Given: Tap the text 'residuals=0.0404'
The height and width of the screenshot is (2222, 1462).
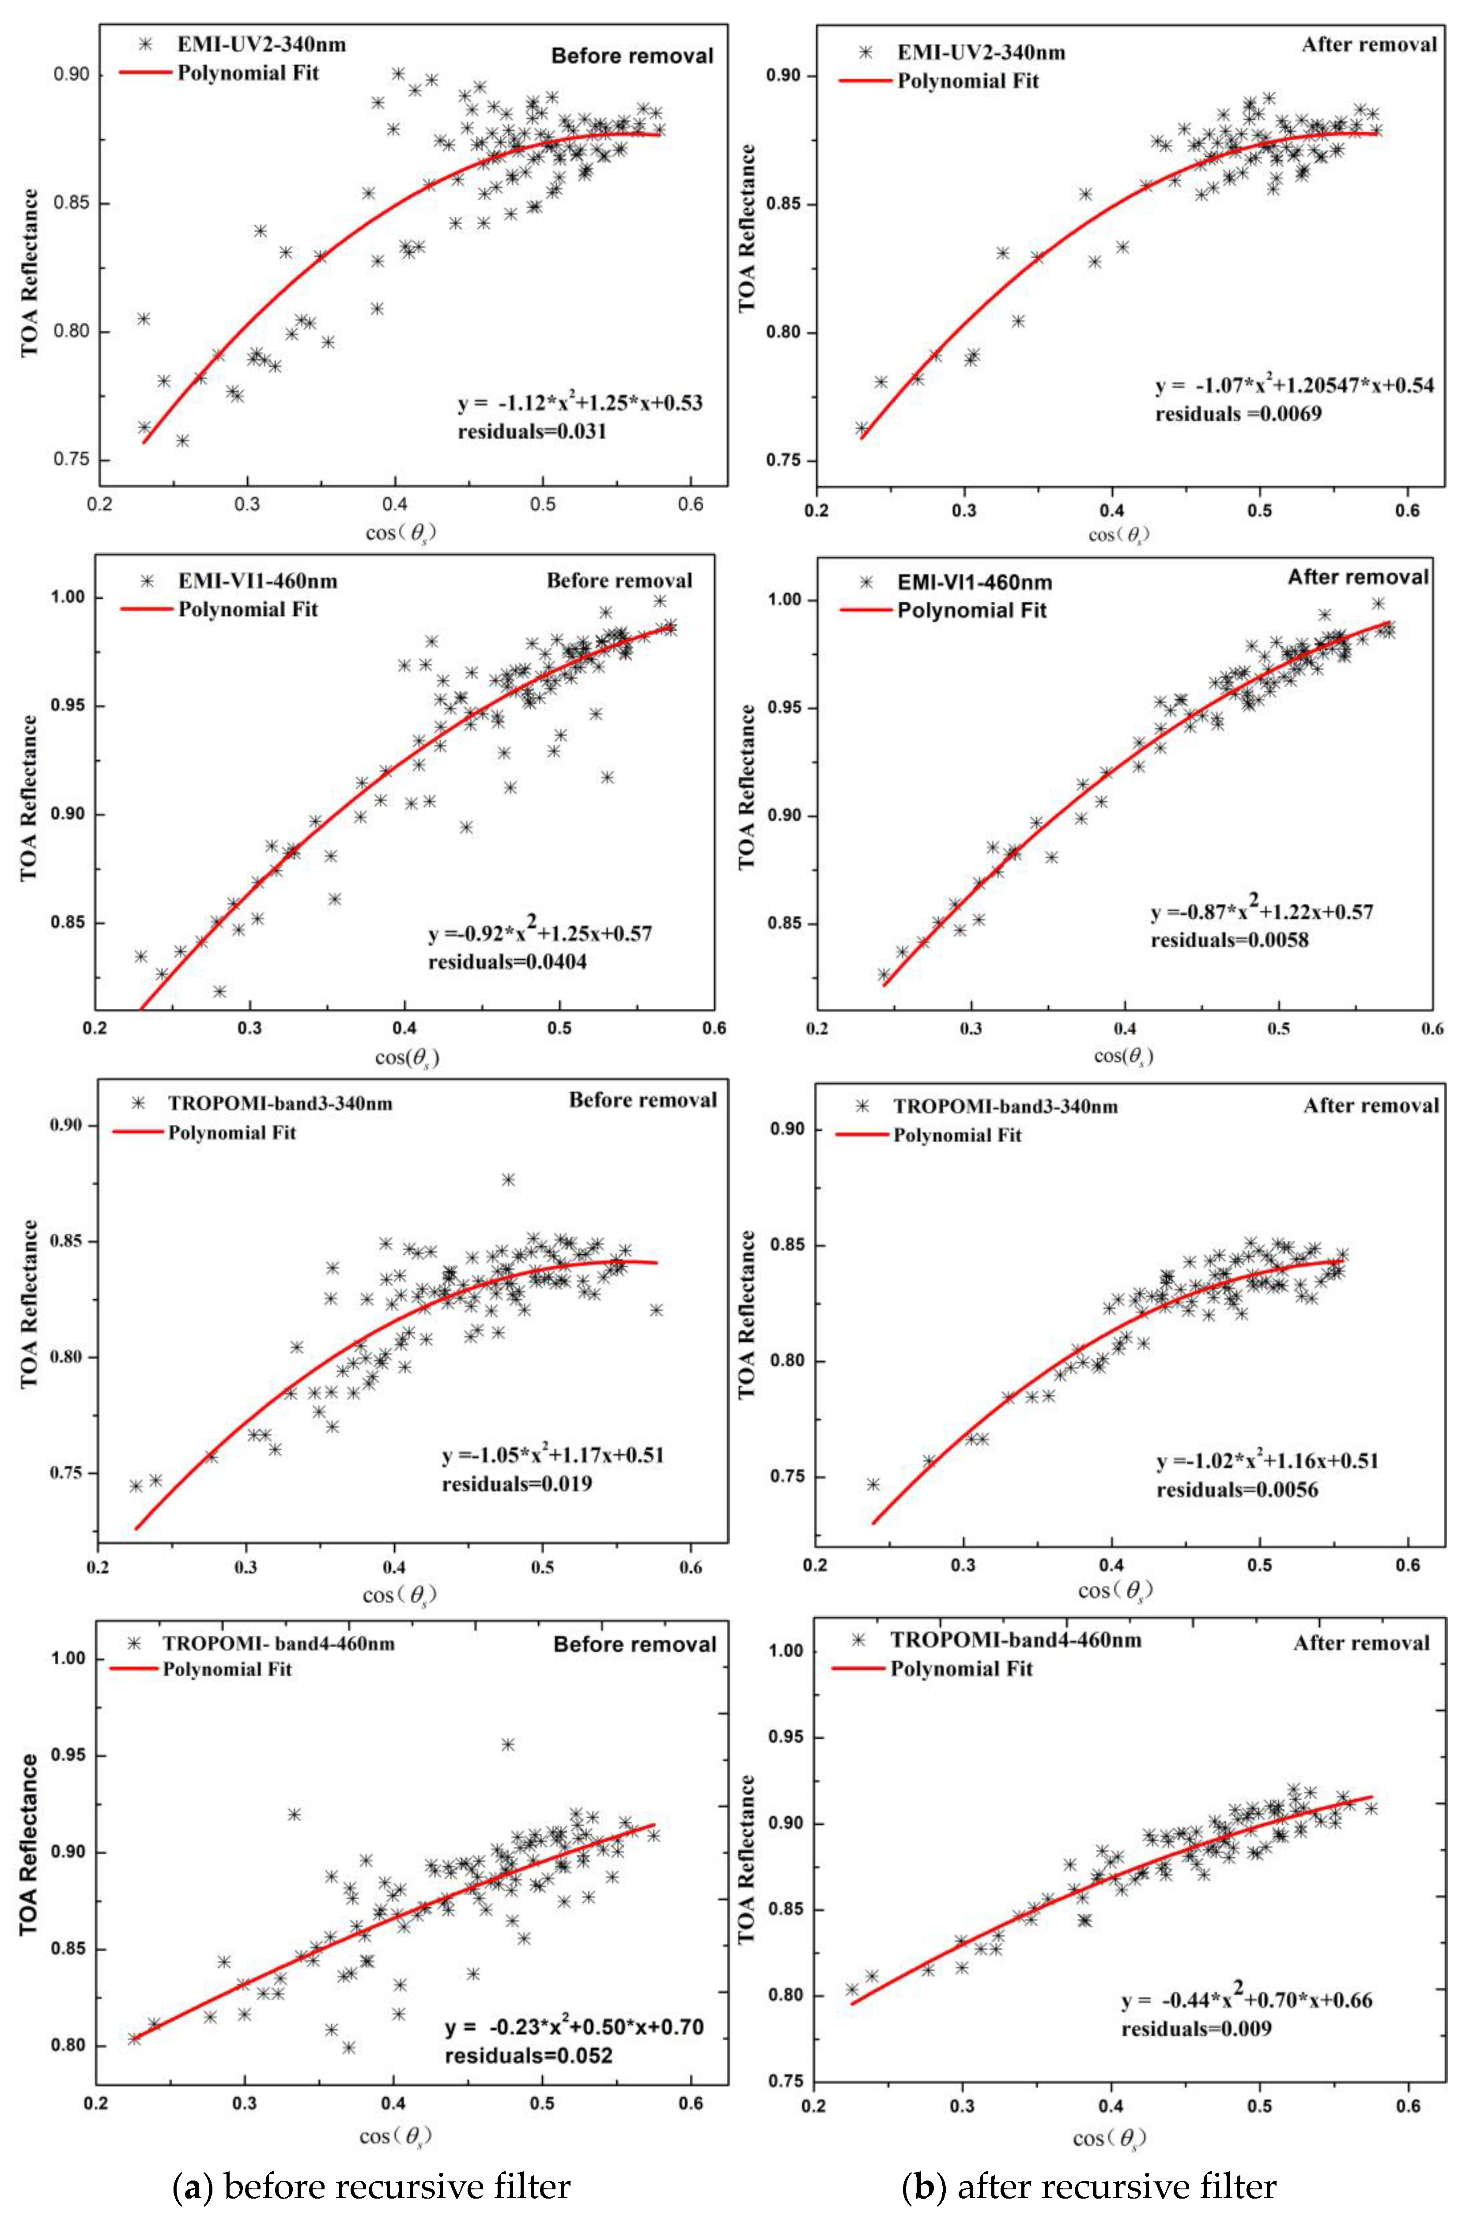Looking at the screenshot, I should [507, 962].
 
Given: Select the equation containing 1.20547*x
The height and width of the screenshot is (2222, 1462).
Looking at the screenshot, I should [1294, 385].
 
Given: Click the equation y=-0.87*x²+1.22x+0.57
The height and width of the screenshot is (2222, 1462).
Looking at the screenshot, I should [1261, 912].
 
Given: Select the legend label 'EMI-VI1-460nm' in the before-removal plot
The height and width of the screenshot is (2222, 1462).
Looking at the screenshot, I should [258, 581].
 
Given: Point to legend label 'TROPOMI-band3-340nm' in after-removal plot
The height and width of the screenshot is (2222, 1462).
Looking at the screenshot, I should [1005, 1106].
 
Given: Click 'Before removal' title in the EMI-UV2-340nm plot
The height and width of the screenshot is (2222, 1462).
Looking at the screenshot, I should [632, 56].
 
